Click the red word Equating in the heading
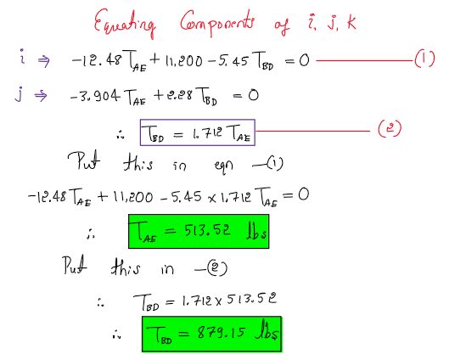(125, 23)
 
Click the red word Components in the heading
(217, 23)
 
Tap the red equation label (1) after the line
(424, 59)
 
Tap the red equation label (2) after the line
(390, 128)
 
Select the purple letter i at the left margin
(22, 56)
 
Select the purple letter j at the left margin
(19, 93)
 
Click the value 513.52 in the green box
(207, 231)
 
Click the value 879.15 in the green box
(221, 332)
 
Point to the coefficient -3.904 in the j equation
(95, 96)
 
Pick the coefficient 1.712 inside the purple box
(207, 133)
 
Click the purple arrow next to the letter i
(44, 61)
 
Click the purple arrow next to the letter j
(41, 96)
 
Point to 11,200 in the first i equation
(183, 61)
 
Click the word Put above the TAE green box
(75, 266)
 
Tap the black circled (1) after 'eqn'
(274, 164)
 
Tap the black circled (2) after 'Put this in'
(217, 269)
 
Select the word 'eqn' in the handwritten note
(223, 166)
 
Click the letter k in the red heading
(351, 22)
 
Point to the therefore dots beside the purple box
(121, 134)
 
